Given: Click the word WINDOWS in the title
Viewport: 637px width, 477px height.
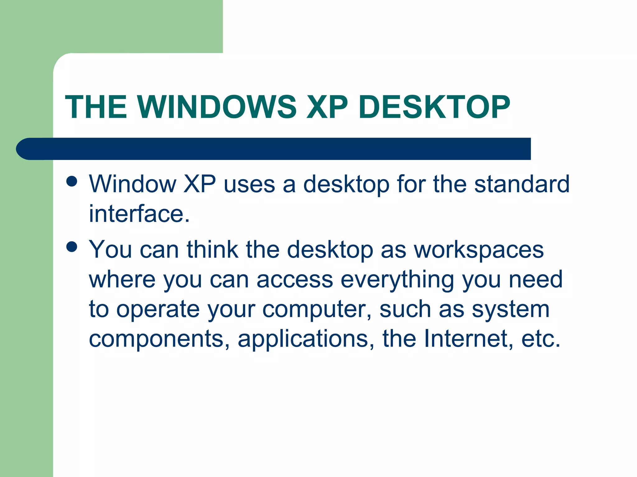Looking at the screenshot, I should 217,107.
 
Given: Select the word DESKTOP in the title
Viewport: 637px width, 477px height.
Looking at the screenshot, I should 434,107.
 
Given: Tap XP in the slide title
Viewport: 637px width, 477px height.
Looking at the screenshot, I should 327,107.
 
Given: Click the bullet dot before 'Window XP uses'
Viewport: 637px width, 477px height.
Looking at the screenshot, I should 72,181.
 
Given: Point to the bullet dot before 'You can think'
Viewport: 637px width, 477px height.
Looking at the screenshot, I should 72,247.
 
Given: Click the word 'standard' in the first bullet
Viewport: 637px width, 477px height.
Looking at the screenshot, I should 522,184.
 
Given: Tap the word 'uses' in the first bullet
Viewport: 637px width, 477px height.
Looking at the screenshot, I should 249,184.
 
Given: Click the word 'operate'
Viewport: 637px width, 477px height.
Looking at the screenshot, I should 158,310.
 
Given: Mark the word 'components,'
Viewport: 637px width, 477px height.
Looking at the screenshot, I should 159,339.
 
